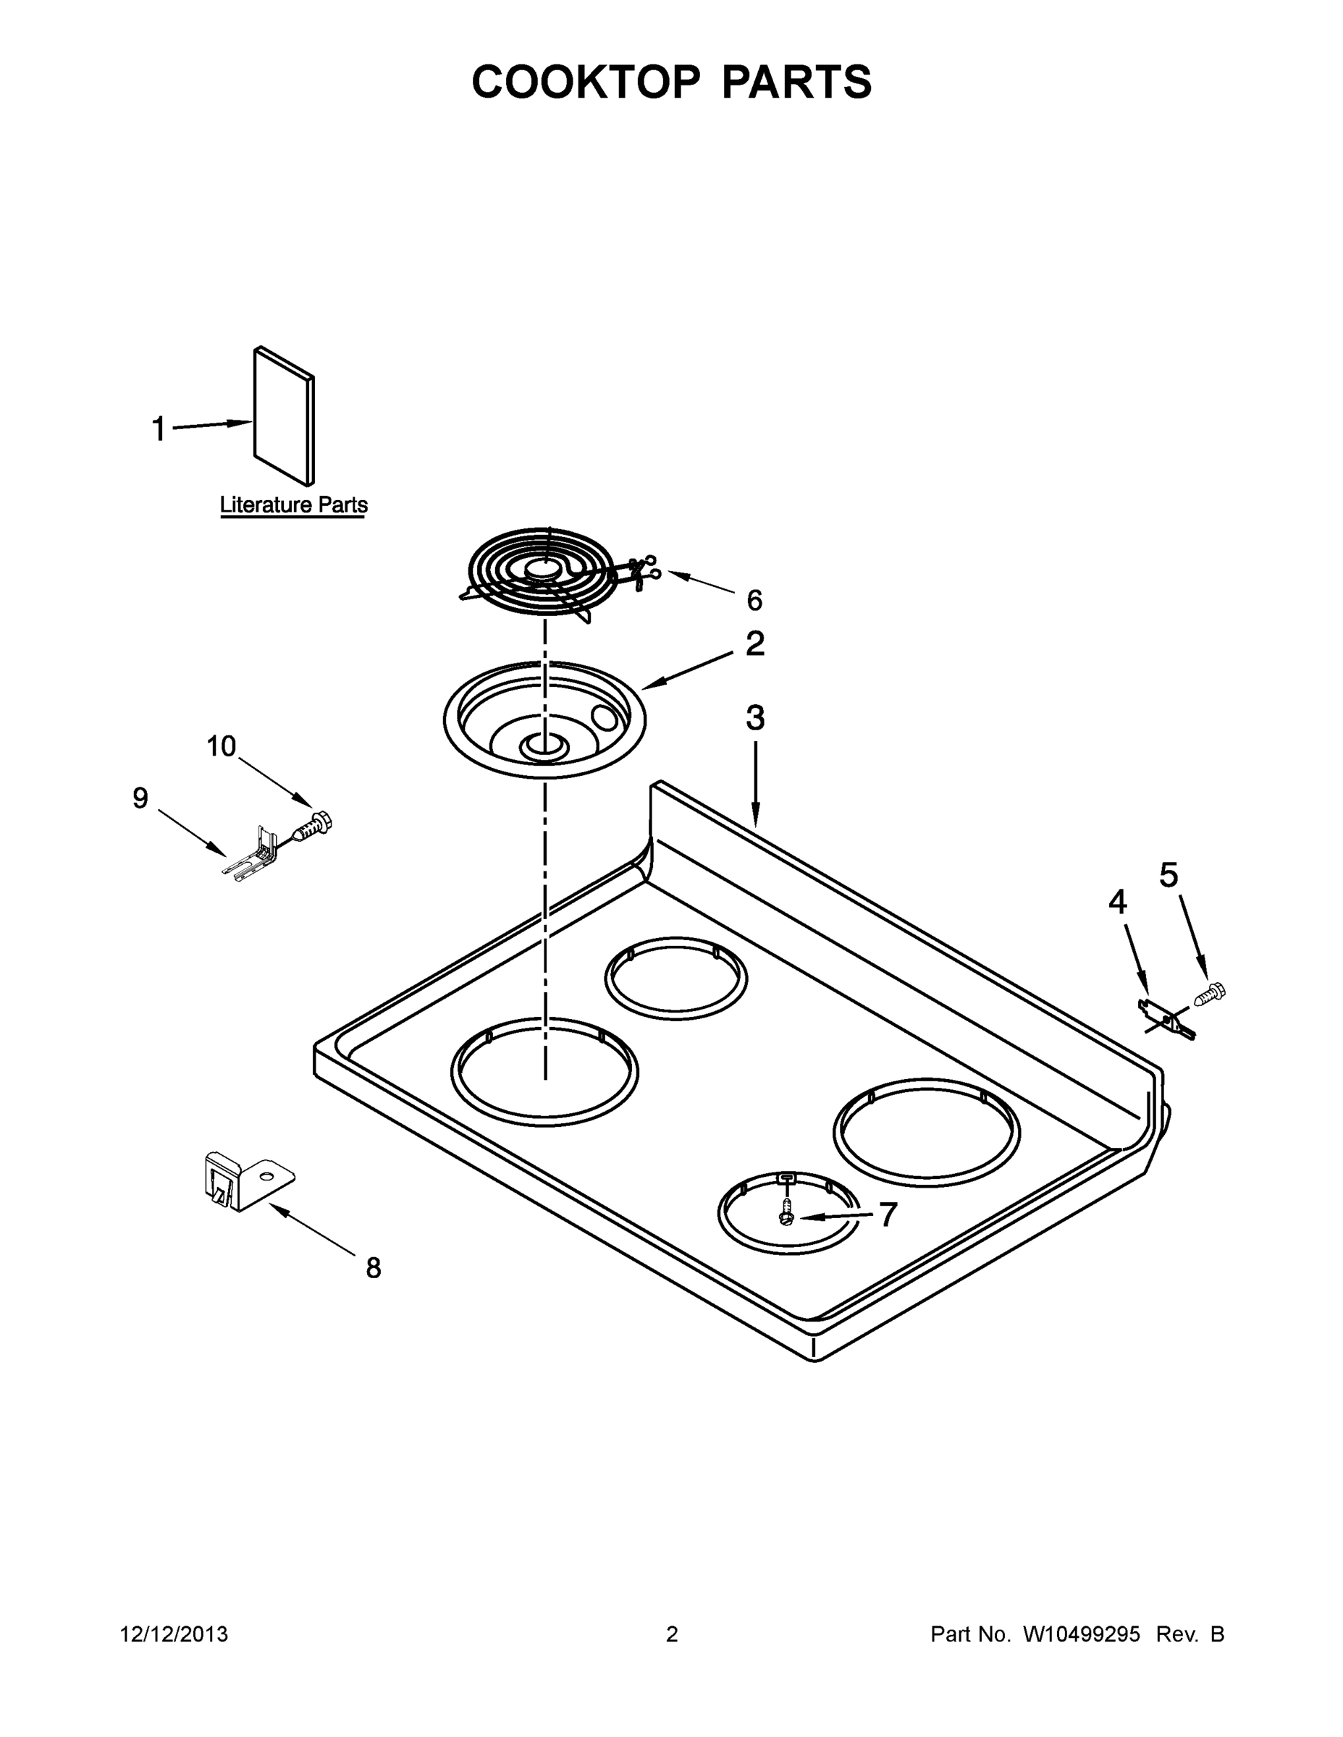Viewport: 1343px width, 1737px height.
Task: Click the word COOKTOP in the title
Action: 586,82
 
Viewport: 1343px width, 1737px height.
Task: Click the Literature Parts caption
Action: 294,504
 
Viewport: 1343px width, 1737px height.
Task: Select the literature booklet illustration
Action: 284,416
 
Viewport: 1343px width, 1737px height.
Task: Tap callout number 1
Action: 159,428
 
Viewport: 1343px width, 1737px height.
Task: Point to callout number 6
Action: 754,601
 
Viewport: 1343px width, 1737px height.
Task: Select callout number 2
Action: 755,643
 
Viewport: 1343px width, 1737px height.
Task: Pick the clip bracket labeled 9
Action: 253,857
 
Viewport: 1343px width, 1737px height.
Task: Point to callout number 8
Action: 373,1268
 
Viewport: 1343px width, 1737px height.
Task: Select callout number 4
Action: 1117,902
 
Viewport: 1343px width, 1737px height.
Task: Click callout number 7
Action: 888,1214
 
